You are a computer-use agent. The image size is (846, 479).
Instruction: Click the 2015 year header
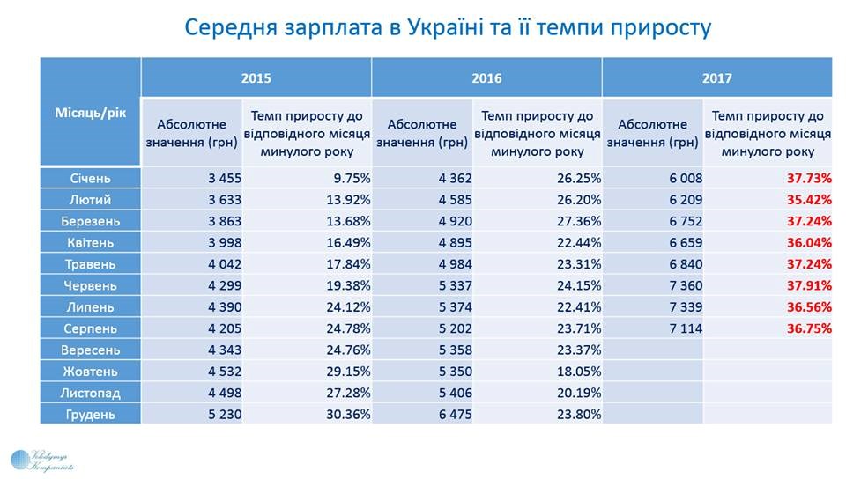click(256, 77)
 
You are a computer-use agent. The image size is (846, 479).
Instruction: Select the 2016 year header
click(486, 77)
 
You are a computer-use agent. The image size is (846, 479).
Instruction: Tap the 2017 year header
click(717, 77)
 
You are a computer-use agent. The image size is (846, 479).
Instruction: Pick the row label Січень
click(91, 178)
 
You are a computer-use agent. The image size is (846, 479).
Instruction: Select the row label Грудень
click(91, 414)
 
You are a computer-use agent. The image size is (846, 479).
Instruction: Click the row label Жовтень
click(91, 371)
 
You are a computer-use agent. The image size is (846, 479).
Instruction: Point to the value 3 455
click(221, 178)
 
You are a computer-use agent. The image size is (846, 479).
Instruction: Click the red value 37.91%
click(809, 285)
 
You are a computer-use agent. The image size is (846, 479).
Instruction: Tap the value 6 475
click(451, 414)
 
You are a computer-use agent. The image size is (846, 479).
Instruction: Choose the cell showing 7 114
click(681, 328)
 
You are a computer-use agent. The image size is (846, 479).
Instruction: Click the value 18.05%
click(578, 371)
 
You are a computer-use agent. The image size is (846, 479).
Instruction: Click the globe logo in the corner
click(20, 460)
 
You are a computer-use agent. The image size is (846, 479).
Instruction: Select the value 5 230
click(221, 414)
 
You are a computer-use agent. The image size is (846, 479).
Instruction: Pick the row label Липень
click(91, 306)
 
